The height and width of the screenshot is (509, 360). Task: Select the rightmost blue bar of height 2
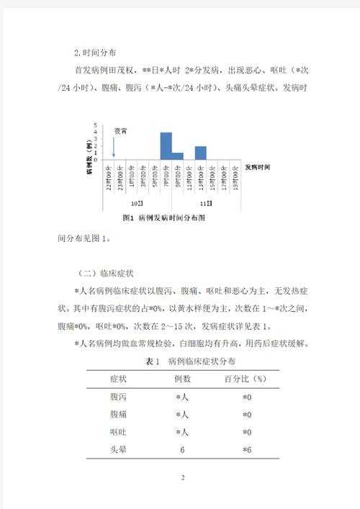point(200,152)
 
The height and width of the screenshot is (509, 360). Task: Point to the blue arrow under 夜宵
point(114,147)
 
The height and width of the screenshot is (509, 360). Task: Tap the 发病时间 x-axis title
point(258,166)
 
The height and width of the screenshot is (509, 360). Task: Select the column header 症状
point(118,378)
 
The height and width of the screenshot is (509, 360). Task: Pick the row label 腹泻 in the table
point(118,397)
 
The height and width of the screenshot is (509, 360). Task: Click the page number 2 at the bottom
point(183,477)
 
